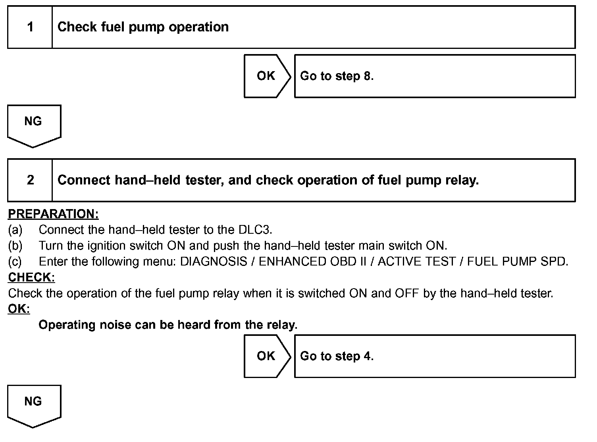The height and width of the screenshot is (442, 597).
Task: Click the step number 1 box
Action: (30, 27)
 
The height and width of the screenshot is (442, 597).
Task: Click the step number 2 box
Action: (30, 180)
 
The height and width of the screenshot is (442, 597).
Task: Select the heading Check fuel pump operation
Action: (143, 27)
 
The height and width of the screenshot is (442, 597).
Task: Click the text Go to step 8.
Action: (337, 76)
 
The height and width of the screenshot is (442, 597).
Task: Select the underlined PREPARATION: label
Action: (53, 214)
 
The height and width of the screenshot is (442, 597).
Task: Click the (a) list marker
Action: (15, 230)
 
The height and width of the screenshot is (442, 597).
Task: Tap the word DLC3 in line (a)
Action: (254, 230)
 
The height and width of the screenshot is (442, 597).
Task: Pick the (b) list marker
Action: (15, 246)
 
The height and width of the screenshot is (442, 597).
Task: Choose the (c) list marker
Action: (15, 262)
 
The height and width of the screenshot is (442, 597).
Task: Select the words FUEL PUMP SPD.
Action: (517, 262)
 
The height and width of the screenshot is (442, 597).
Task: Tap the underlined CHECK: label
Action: (31, 277)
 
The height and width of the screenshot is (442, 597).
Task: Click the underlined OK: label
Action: (19, 309)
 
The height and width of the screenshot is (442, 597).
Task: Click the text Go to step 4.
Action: (337, 356)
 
